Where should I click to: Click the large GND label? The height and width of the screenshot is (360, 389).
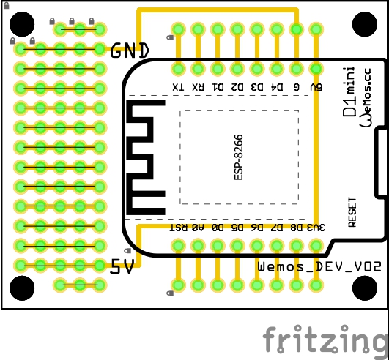coord(130,50)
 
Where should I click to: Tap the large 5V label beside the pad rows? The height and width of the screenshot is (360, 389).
coord(122,268)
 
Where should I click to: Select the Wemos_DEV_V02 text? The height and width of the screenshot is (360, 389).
coord(311,267)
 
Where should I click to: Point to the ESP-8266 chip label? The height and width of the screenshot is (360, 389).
coord(240,157)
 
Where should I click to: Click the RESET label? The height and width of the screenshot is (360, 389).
coord(352,212)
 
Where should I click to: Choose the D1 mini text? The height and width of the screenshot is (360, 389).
coord(350,91)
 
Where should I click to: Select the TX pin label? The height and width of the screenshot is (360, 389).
coord(177,87)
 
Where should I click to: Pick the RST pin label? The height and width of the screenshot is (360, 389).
coord(177,228)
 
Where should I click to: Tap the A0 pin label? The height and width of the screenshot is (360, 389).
coord(197,228)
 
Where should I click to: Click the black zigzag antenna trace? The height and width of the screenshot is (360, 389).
coord(147,157)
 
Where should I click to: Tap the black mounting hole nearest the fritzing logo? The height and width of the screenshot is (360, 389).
coord(365,288)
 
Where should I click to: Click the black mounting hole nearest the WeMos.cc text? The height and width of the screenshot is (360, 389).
coord(365,24)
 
